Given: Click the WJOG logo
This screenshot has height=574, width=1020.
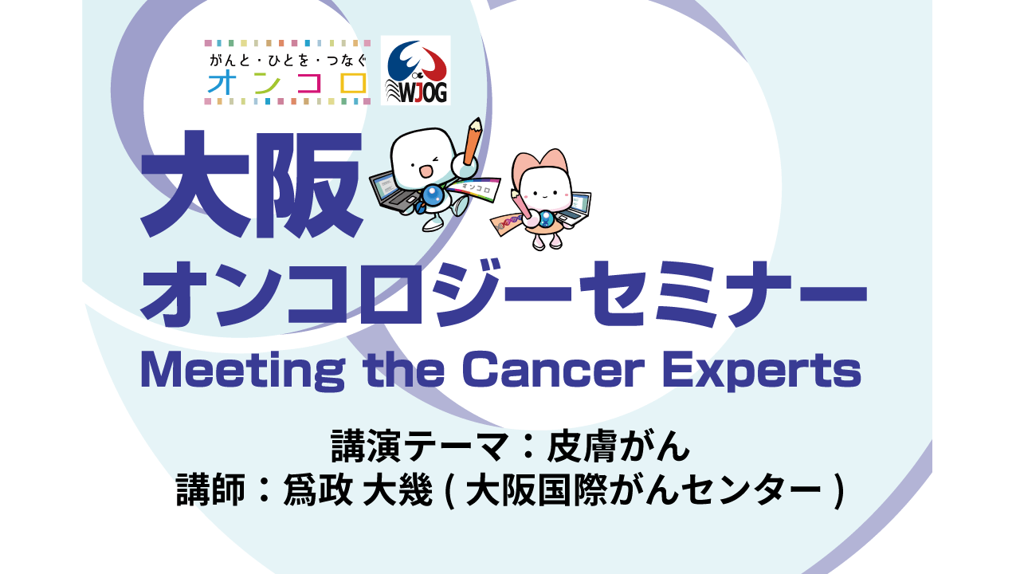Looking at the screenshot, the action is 415,70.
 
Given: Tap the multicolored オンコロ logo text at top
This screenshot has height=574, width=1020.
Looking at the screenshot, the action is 287,84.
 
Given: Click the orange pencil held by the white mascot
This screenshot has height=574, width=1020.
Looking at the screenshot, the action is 472,141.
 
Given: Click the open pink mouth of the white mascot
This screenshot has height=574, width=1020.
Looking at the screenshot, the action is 426,171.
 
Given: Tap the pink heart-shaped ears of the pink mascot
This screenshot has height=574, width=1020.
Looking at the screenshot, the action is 539,165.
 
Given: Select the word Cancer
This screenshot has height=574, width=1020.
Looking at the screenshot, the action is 553,371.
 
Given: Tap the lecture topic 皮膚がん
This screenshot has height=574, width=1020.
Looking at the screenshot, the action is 618,446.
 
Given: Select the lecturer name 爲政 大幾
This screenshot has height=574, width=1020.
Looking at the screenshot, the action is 358,490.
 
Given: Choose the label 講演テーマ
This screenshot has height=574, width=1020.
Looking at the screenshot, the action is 419,446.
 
